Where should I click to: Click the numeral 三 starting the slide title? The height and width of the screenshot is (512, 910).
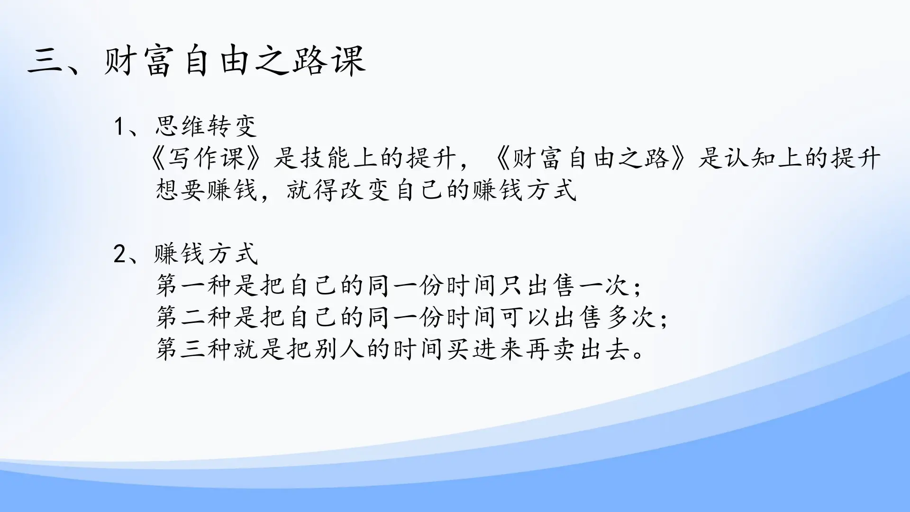pyautogui.click(x=45, y=61)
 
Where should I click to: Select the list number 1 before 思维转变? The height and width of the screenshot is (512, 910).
pyautogui.click(x=119, y=127)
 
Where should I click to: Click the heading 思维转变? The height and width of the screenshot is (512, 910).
pyautogui.click(x=206, y=127)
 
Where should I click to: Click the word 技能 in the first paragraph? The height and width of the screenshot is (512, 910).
pyautogui.click(x=326, y=158)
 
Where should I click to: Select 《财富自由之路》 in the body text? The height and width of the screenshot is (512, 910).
pyautogui.click(x=590, y=158)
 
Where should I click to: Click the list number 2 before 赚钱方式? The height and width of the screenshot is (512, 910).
pyautogui.click(x=119, y=255)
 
